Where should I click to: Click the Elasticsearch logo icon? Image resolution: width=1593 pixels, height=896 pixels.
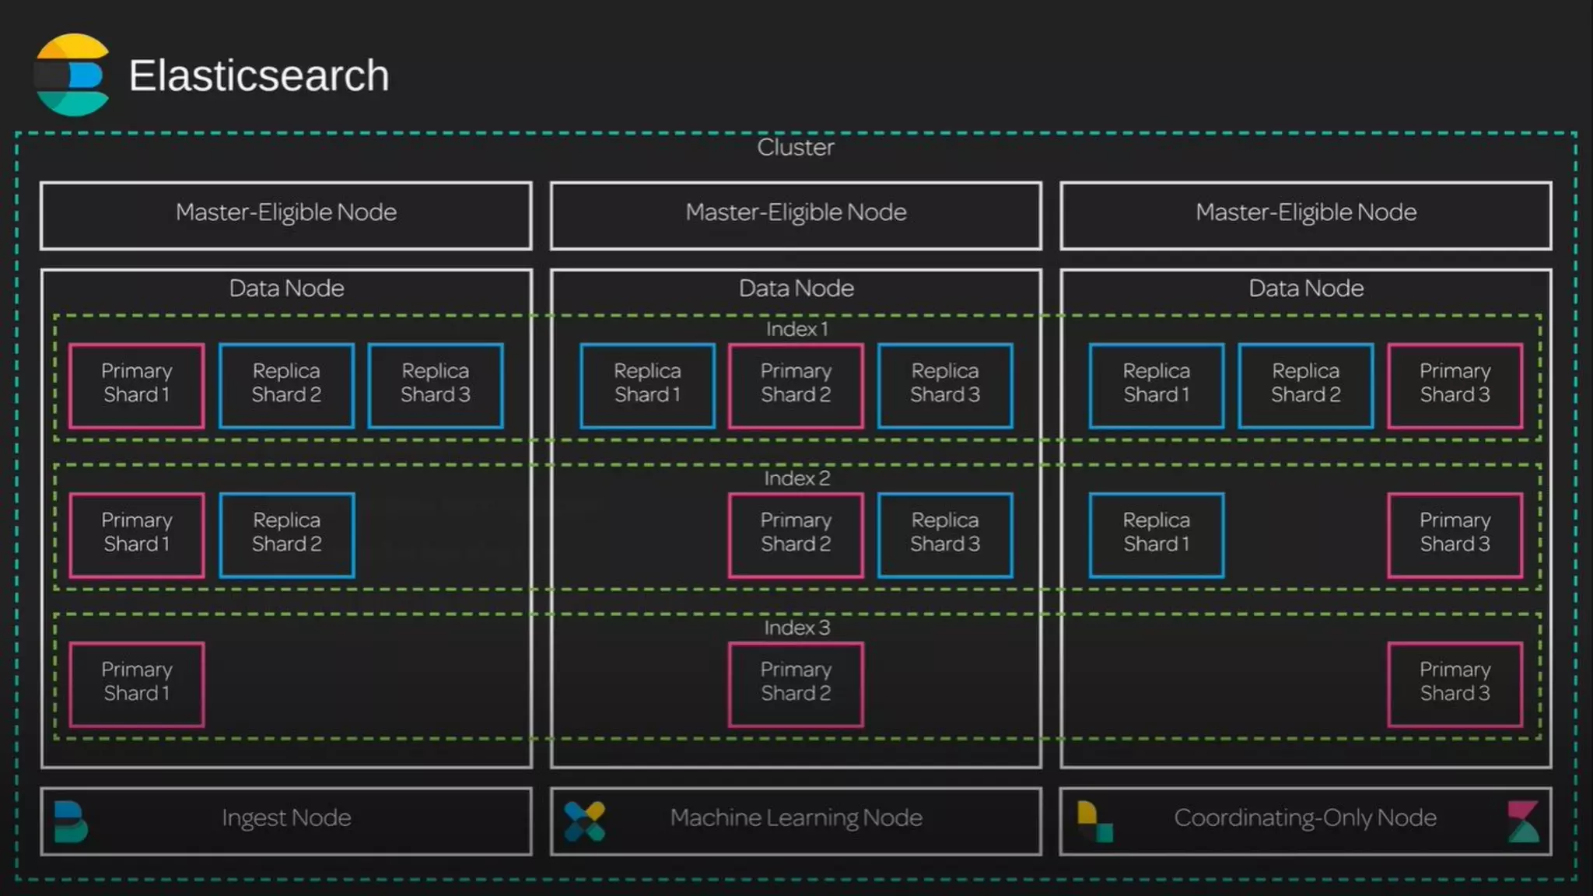point(72,75)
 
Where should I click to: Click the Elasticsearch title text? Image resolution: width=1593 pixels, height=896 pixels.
point(258,75)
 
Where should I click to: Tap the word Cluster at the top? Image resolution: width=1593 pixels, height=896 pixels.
point(795,147)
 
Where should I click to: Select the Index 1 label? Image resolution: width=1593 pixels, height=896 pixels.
point(796,329)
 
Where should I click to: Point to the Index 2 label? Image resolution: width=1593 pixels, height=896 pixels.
point(796,478)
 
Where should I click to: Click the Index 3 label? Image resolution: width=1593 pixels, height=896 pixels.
point(796,628)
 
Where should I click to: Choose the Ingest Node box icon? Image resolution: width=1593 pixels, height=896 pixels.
point(71,821)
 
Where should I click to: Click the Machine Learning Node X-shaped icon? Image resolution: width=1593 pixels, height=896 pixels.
point(584,821)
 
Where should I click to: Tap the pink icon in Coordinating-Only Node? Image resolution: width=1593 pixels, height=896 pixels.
point(1522,821)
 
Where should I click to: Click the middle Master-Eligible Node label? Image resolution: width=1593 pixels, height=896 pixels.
point(796,212)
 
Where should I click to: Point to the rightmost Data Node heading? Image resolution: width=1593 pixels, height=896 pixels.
point(1306,289)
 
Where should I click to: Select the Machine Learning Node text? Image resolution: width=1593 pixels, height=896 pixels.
point(796,818)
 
